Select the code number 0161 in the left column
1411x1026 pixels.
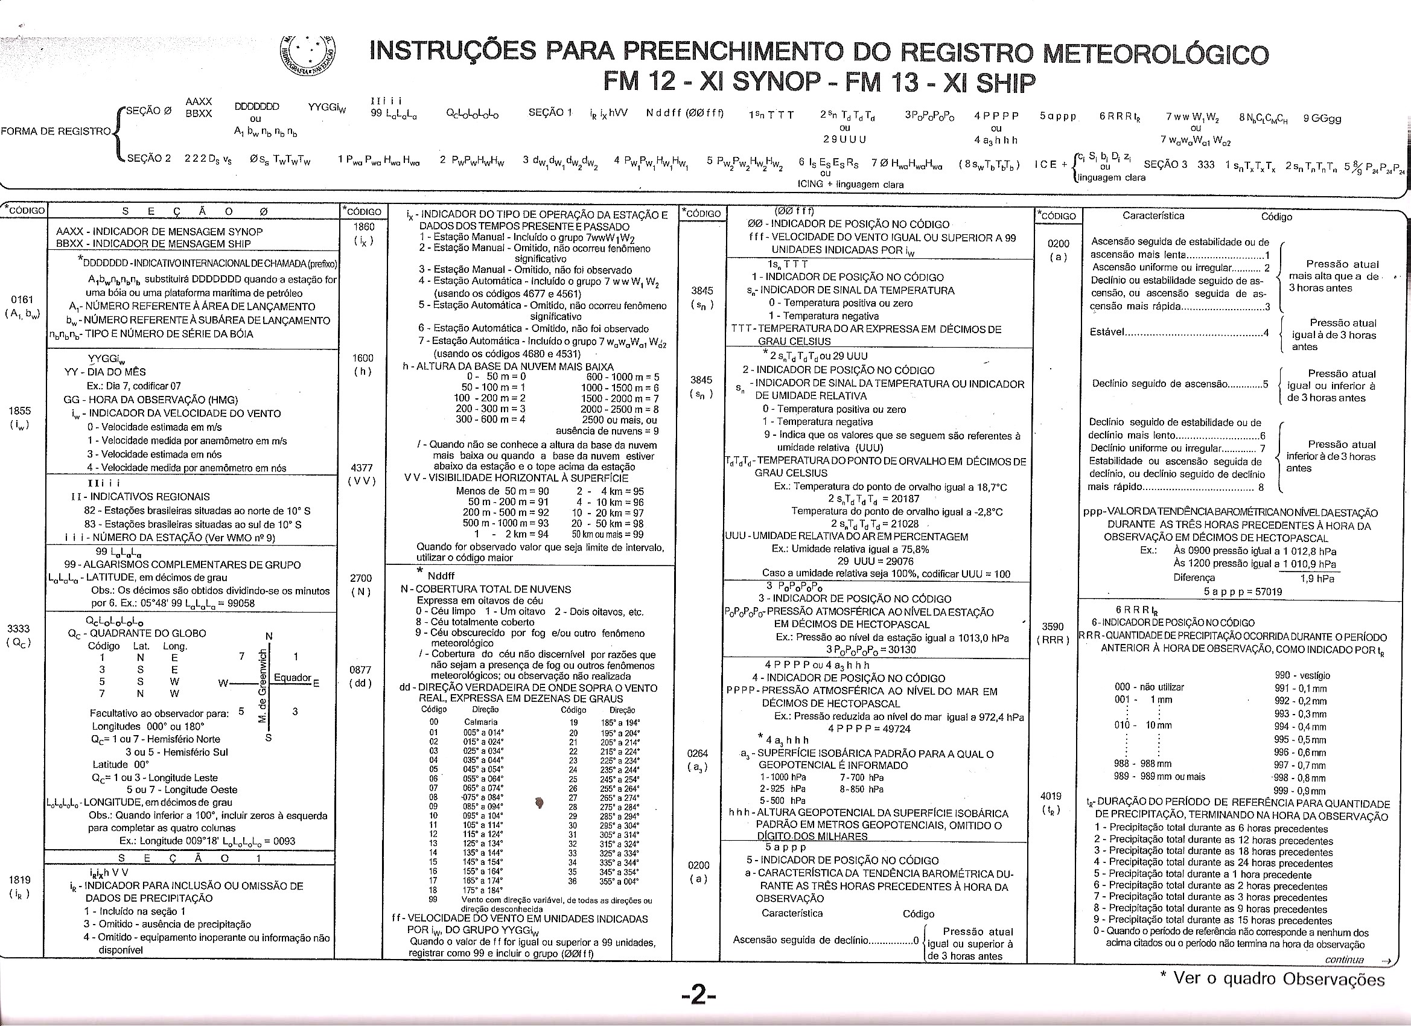[x=22, y=300]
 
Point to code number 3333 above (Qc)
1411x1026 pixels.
[x=19, y=629]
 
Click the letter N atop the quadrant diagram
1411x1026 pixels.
[x=269, y=636]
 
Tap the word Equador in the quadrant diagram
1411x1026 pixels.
[x=293, y=678]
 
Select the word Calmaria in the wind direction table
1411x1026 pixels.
[x=481, y=722]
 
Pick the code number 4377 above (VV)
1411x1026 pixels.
[x=362, y=468]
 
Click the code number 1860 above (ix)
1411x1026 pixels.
[x=364, y=227]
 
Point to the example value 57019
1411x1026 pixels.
[x=1269, y=591]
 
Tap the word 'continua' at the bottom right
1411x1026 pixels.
[x=1344, y=960]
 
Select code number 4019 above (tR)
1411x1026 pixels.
[x=1051, y=796]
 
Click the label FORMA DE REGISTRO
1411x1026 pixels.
[x=56, y=132]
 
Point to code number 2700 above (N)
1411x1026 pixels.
[x=362, y=578]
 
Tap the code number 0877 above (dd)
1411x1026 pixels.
[x=362, y=669]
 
